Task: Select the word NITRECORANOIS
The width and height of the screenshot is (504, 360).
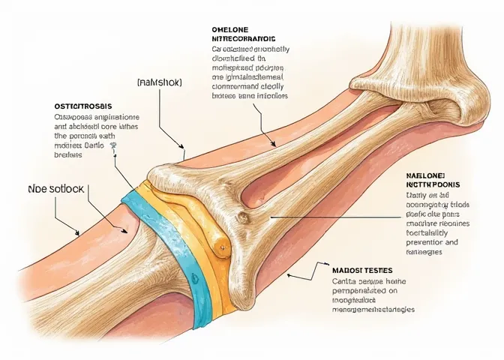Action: (244, 38)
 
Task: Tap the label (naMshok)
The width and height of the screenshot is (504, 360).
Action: (161, 81)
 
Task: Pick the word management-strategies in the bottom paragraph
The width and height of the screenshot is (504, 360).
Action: (373, 309)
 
